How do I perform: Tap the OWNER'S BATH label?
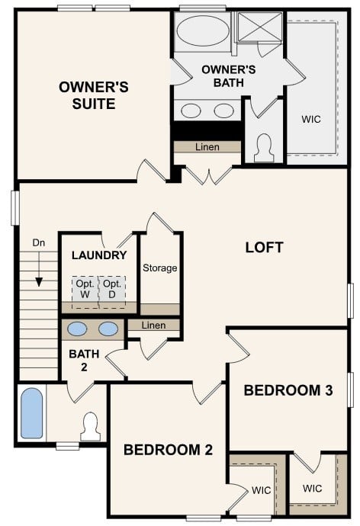(223, 75)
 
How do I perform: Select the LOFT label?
(264, 247)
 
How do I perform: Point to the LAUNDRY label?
(98, 255)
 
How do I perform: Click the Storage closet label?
(160, 268)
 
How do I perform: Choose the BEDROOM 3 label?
(288, 390)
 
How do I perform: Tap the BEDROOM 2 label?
(167, 449)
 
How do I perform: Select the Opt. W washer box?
(84, 288)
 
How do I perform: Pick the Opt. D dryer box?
(112, 288)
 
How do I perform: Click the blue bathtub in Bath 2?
(32, 412)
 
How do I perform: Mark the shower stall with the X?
(259, 28)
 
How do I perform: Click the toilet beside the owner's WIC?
(264, 146)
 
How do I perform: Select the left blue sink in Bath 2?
(77, 329)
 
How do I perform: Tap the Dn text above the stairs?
(39, 242)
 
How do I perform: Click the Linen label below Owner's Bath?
(207, 147)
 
